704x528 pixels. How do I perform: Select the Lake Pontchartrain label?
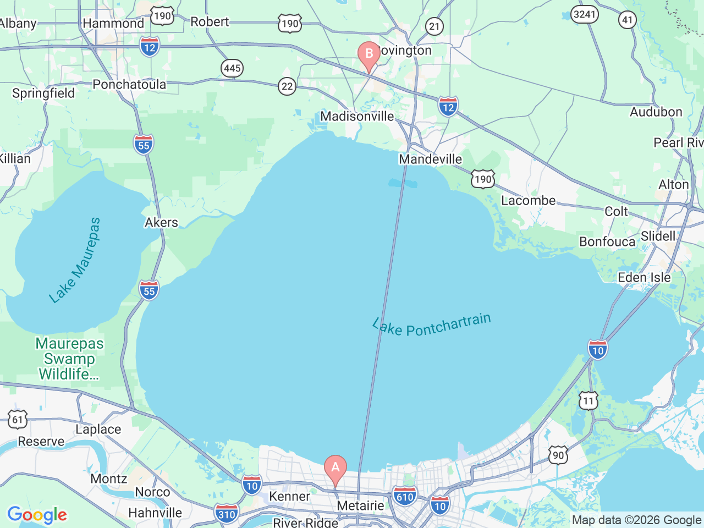point(431,325)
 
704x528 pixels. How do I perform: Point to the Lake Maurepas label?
point(75,260)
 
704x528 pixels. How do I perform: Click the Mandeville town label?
point(430,159)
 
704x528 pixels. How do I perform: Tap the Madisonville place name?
point(357,116)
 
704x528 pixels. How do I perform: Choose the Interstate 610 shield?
point(405,497)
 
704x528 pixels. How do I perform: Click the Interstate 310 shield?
point(227,514)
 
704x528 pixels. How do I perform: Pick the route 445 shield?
point(232,68)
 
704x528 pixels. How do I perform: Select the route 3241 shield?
point(585,14)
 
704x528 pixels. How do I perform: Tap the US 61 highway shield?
point(18,420)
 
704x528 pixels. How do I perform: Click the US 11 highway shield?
point(588,400)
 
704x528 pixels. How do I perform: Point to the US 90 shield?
point(558,455)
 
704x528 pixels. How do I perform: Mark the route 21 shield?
point(435,26)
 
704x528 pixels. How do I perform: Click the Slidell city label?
point(658,236)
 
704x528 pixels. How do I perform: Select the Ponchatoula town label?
point(129,84)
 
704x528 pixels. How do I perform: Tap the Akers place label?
point(161,222)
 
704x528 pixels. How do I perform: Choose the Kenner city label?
point(289,496)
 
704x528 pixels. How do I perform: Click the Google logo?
point(37,515)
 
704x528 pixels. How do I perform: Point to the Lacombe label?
point(528,200)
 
